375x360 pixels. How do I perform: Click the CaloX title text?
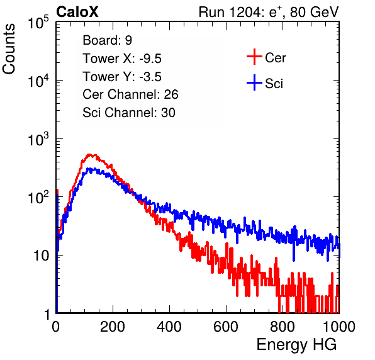(x=77, y=12)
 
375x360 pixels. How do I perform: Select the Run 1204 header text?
(x=269, y=12)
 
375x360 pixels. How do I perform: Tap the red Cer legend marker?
(x=254, y=57)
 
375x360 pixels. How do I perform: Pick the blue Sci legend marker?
(x=254, y=83)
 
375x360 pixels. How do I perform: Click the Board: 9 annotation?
(x=108, y=40)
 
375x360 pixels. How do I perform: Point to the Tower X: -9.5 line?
(x=122, y=59)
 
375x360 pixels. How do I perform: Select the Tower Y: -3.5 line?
(x=122, y=77)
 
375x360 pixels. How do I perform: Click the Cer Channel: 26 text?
(x=130, y=94)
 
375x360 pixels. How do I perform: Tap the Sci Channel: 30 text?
(x=129, y=113)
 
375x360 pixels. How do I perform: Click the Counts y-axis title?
(x=9, y=49)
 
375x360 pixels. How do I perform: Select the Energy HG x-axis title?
(x=296, y=345)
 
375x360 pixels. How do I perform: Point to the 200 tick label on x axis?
(x=113, y=327)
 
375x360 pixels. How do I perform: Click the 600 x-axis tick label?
(x=226, y=327)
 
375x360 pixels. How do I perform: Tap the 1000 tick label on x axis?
(x=339, y=327)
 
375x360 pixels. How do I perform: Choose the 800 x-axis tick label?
(x=283, y=327)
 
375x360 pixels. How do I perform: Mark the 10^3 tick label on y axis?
(x=38, y=139)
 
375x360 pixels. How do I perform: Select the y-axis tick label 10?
(x=41, y=256)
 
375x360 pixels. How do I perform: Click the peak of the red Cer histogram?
(x=89, y=155)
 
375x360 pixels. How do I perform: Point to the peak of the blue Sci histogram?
(x=89, y=169)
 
